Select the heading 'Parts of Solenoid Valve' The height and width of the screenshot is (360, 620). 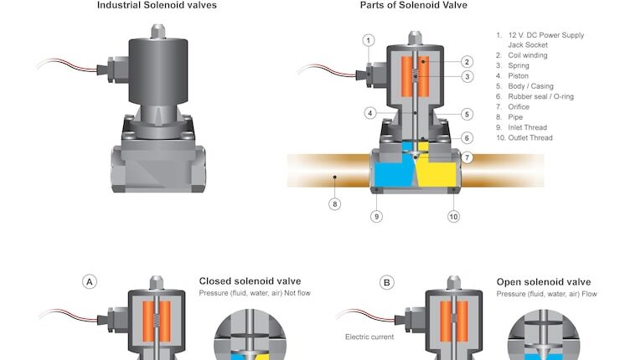pyautogui.click(x=402, y=5)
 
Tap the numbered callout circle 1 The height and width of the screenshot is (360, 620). pyautogui.click(x=369, y=40)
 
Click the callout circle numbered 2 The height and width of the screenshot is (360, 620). pyautogui.click(x=468, y=61)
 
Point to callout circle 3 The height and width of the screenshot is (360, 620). pyautogui.click(x=468, y=77)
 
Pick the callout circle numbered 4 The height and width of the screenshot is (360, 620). pyautogui.click(x=369, y=113)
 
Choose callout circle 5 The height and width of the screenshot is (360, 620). pyautogui.click(x=468, y=114)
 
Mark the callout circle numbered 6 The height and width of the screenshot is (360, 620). pyautogui.click(x=468, y=138)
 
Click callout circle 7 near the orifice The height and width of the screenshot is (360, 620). pyautogui.click(x=468, y=157)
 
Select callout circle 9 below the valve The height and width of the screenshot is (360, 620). pyautogui.click(x=376, y=217)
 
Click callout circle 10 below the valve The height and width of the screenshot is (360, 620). pyautogui.click(x=453, y=217)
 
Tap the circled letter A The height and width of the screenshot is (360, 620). pyautogui.click(x=89, y=282)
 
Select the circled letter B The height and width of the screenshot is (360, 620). pyautogui.click(x=386, y=282)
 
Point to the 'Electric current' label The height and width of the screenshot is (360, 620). pyautogui.click(x=369, y=337)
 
